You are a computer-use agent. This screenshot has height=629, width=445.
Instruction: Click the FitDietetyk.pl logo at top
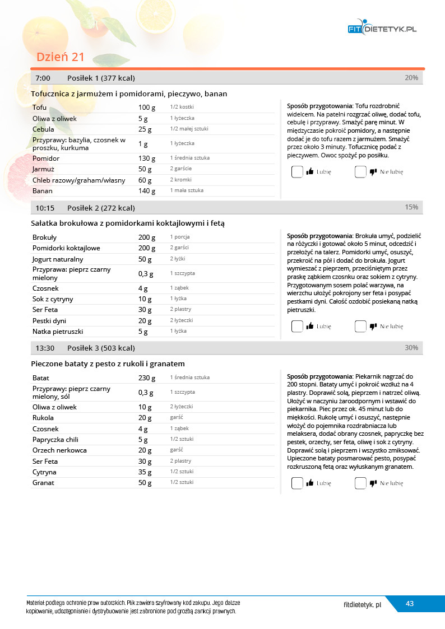coord(382,29)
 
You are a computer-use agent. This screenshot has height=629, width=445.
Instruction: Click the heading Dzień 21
coord(60,57)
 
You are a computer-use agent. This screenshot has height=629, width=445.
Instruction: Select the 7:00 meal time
coord(43,78)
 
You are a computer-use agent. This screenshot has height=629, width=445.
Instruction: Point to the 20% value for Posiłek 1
coord(411,78)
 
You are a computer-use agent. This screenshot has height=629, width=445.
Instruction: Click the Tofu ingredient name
coord(40,107)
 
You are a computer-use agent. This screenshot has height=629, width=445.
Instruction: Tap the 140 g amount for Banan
coord(145,191)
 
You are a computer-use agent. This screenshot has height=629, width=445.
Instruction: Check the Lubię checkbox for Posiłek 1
coord(297,171)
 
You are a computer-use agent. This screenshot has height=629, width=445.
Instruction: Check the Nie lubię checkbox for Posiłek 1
coord(360,171)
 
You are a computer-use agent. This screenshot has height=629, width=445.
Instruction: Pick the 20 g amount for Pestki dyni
coord(145,321)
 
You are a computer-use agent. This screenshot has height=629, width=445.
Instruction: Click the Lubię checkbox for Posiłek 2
coord(297,326)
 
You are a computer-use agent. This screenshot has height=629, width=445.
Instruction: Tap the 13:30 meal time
coord(45,348)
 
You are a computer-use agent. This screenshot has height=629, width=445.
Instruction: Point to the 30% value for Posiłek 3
coord(411,348)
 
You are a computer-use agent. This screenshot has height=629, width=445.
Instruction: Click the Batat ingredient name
coord(41,378)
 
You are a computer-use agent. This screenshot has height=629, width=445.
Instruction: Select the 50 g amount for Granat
coord(145,483)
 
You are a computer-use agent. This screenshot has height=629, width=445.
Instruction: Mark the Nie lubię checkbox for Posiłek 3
coord(360,483)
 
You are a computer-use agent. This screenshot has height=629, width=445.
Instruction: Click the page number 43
coord(410,604)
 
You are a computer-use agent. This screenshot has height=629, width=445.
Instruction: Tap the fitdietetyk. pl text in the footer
coord(363,605)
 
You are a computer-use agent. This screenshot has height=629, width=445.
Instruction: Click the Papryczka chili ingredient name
coord(55,440)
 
